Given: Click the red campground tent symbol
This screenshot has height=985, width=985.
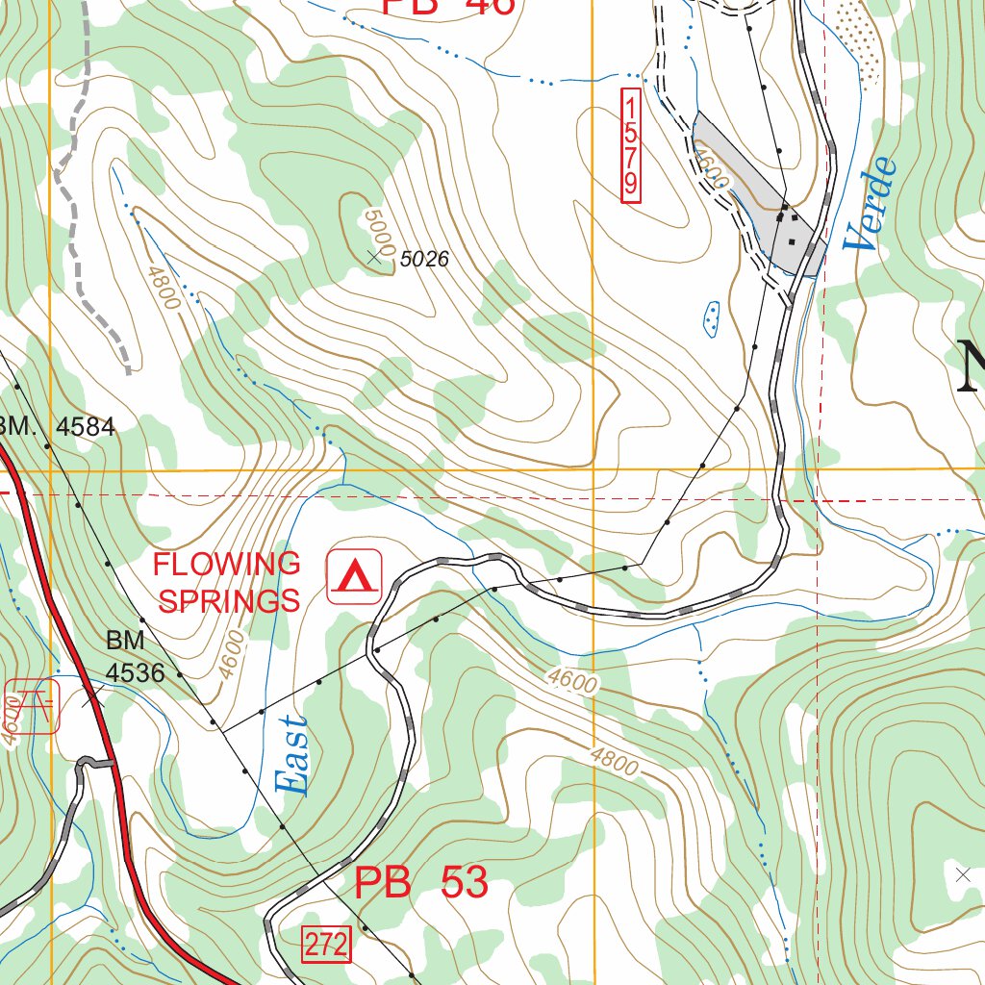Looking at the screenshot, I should point(355,576).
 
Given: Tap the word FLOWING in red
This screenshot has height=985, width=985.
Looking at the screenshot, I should point(227,564).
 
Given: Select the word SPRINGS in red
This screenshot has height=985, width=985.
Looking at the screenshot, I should point(229,601).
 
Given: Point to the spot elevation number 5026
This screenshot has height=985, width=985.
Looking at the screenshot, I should point(424,259).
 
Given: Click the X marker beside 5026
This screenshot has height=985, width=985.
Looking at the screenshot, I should point(375,256).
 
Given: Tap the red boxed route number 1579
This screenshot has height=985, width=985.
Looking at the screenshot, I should point(631,146).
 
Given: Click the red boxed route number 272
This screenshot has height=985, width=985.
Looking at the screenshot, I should point(327,946).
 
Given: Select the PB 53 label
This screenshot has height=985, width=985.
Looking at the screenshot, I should point(421,882).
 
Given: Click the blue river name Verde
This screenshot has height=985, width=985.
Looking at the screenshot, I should point(871,205).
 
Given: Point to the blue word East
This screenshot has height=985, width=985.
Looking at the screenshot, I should point(294,755).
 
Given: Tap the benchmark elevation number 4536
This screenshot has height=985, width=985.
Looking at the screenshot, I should point(135,673).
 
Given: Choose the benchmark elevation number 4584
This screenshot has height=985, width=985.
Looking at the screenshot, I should point(86,426).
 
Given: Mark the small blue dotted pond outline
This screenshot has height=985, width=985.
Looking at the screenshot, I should point(712,318).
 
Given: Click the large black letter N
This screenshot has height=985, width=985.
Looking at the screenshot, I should point(972,366).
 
